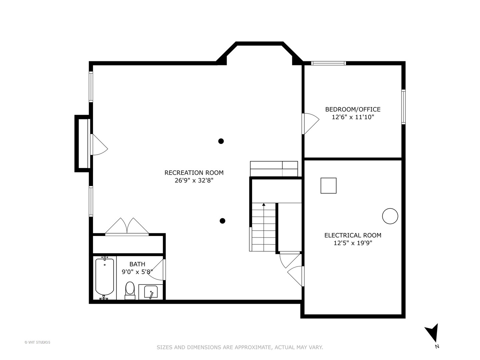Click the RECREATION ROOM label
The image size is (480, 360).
pos(194,173)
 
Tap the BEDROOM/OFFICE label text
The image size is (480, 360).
pos(353,109)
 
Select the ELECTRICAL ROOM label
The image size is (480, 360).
pos(353,235)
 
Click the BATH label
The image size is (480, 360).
pos(137,264)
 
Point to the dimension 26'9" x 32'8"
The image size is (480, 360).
pos(194,181)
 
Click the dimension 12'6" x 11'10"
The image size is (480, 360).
pos(353,117)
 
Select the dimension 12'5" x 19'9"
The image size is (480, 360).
pos(353,243)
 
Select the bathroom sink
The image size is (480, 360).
pos(151,292)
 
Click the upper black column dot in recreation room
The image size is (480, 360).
pos(221,141)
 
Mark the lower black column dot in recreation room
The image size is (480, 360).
pos(222,221)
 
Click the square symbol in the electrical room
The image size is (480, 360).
pos(328,186)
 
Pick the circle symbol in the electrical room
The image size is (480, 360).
pos(390,216)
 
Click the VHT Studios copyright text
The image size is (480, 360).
pos(37,342)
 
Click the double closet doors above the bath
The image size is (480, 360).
pos(127,227)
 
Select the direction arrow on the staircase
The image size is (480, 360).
pos(264,204)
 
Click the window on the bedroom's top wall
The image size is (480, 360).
pos(328,63)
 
